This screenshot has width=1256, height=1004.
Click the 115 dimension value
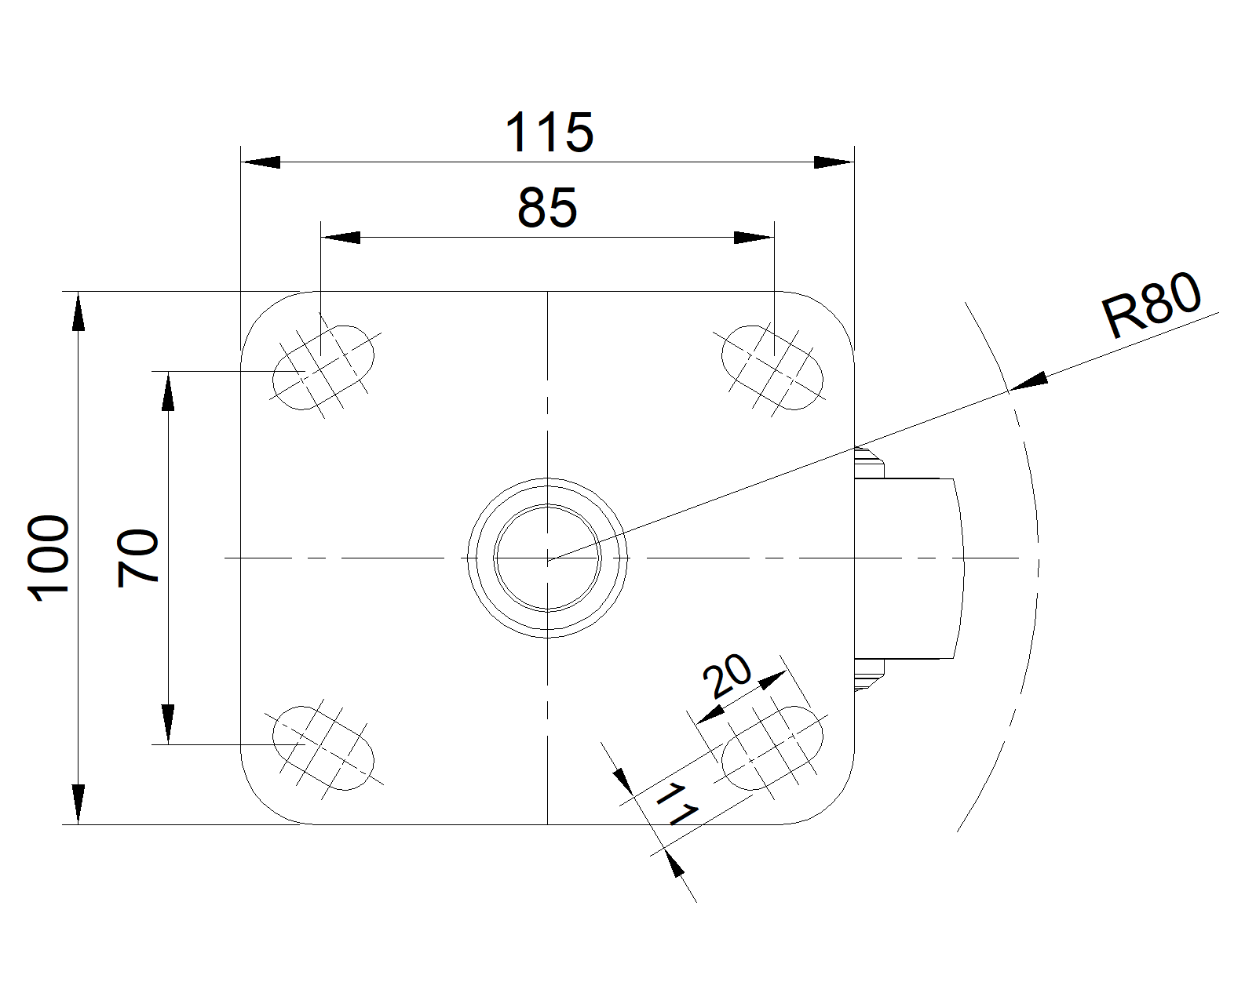click(549, 133)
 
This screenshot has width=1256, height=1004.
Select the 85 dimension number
click(547, 207)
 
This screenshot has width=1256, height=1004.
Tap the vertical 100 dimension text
click(49, 558)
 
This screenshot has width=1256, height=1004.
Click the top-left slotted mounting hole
click(324, 368)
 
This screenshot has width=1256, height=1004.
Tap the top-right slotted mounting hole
click(772, 368)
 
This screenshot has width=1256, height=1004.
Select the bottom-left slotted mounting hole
click(324, 748)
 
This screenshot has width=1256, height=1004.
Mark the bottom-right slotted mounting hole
click(772, 748)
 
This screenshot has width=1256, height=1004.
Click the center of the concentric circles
click(547, 558)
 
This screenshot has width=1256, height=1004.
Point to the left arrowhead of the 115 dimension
click(261, 162)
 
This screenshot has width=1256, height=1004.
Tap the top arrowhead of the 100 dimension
click(78, 311)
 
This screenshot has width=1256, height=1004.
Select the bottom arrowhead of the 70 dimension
click(168, 725)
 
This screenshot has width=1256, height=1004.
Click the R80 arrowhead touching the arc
click(1028, 381)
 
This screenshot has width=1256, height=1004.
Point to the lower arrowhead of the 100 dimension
click(78, 805)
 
